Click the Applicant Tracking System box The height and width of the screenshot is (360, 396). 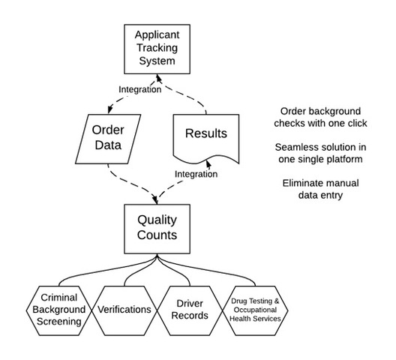pos(157,49)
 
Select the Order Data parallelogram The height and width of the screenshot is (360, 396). pos(108,139)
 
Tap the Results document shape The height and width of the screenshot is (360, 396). pos(206,138)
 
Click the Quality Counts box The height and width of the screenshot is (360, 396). pos(157,229)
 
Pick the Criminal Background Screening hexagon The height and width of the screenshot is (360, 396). pos(58,310)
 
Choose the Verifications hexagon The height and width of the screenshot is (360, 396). pos(124,310)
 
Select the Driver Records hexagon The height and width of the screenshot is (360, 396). pos(190,310)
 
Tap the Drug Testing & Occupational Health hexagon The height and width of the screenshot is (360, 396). pos(255,310)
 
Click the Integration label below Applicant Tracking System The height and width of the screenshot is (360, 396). pos(140,89)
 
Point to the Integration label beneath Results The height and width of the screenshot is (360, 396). pos(196,174)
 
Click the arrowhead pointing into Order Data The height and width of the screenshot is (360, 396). pos(109,109)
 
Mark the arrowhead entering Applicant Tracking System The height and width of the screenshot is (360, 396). pos(158,78)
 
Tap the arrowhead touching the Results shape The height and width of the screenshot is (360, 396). pos(208,164)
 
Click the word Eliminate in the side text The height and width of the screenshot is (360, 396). pos(298,183)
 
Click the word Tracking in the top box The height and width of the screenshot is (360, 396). pos(157,48)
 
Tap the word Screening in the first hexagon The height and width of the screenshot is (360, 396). pos(58,322)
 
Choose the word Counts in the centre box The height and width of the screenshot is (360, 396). pos(157,235)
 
